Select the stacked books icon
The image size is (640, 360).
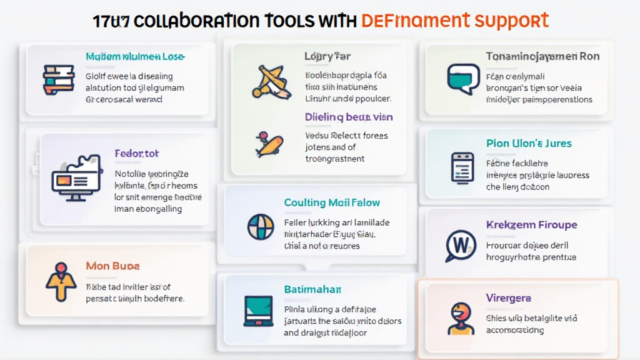pos(58,79)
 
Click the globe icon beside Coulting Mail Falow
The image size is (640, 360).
pos(260,226)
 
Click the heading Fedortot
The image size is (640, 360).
pos(137,153)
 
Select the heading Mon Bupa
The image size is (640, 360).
pos(112,266)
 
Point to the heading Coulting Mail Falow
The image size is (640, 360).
pos(332,202)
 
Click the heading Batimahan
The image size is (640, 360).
pos(312,289)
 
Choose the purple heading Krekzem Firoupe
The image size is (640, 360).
pos(531,224)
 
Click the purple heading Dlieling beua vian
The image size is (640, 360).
pos(349,117)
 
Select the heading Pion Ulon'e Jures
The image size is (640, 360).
pos(529,143)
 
